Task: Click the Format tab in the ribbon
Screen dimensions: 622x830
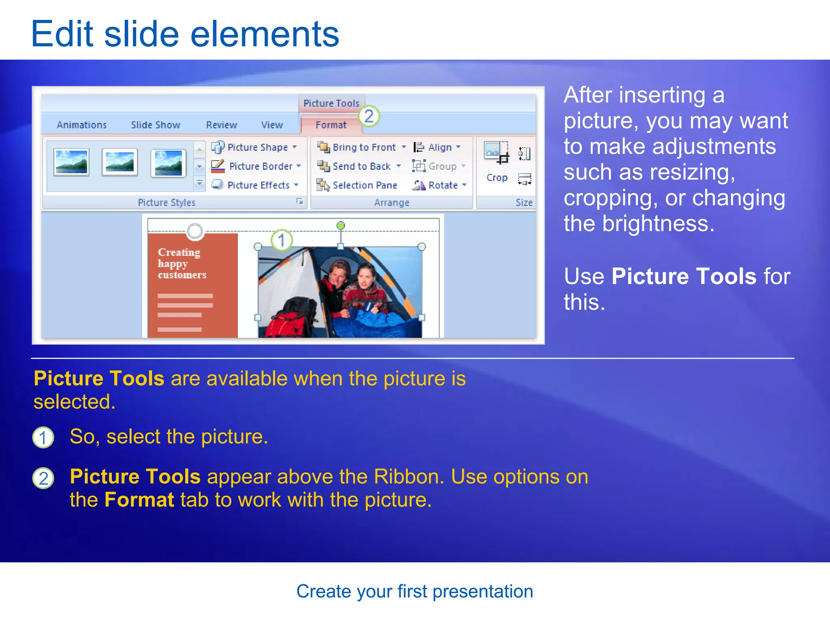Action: [x=331, y=125]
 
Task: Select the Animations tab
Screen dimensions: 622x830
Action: [x=81, y=125]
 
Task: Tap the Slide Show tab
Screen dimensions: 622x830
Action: [x=155, y=125]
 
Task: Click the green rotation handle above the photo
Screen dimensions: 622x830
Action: [x=341, y=225]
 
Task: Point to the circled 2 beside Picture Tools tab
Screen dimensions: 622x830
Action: [x=369, y=117]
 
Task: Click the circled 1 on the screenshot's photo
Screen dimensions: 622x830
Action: [x=282, y=241]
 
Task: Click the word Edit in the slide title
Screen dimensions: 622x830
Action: [x=62, y=34]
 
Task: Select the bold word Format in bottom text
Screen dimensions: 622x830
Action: [x=139, y=500]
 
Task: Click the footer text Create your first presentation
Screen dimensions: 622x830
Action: [x=415, y=591]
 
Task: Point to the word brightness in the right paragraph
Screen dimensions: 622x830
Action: [x=658, y=224]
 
